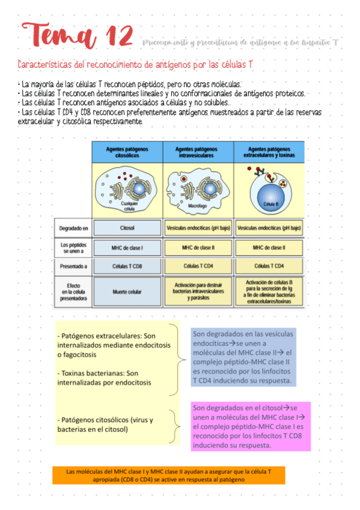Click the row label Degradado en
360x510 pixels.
(74, 229)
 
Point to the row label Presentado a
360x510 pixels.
(74, 266)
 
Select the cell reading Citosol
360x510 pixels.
(127, 229)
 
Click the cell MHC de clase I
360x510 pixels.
(127, 247)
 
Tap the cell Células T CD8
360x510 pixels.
(127, 266)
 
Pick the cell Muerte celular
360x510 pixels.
(127, 292)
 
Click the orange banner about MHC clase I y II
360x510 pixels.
(168, 475)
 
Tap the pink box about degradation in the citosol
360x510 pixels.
(250, 426)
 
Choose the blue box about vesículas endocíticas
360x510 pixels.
(243, 357)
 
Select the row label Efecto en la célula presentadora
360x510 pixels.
(74, 292)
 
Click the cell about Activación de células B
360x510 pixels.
(269, 292)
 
